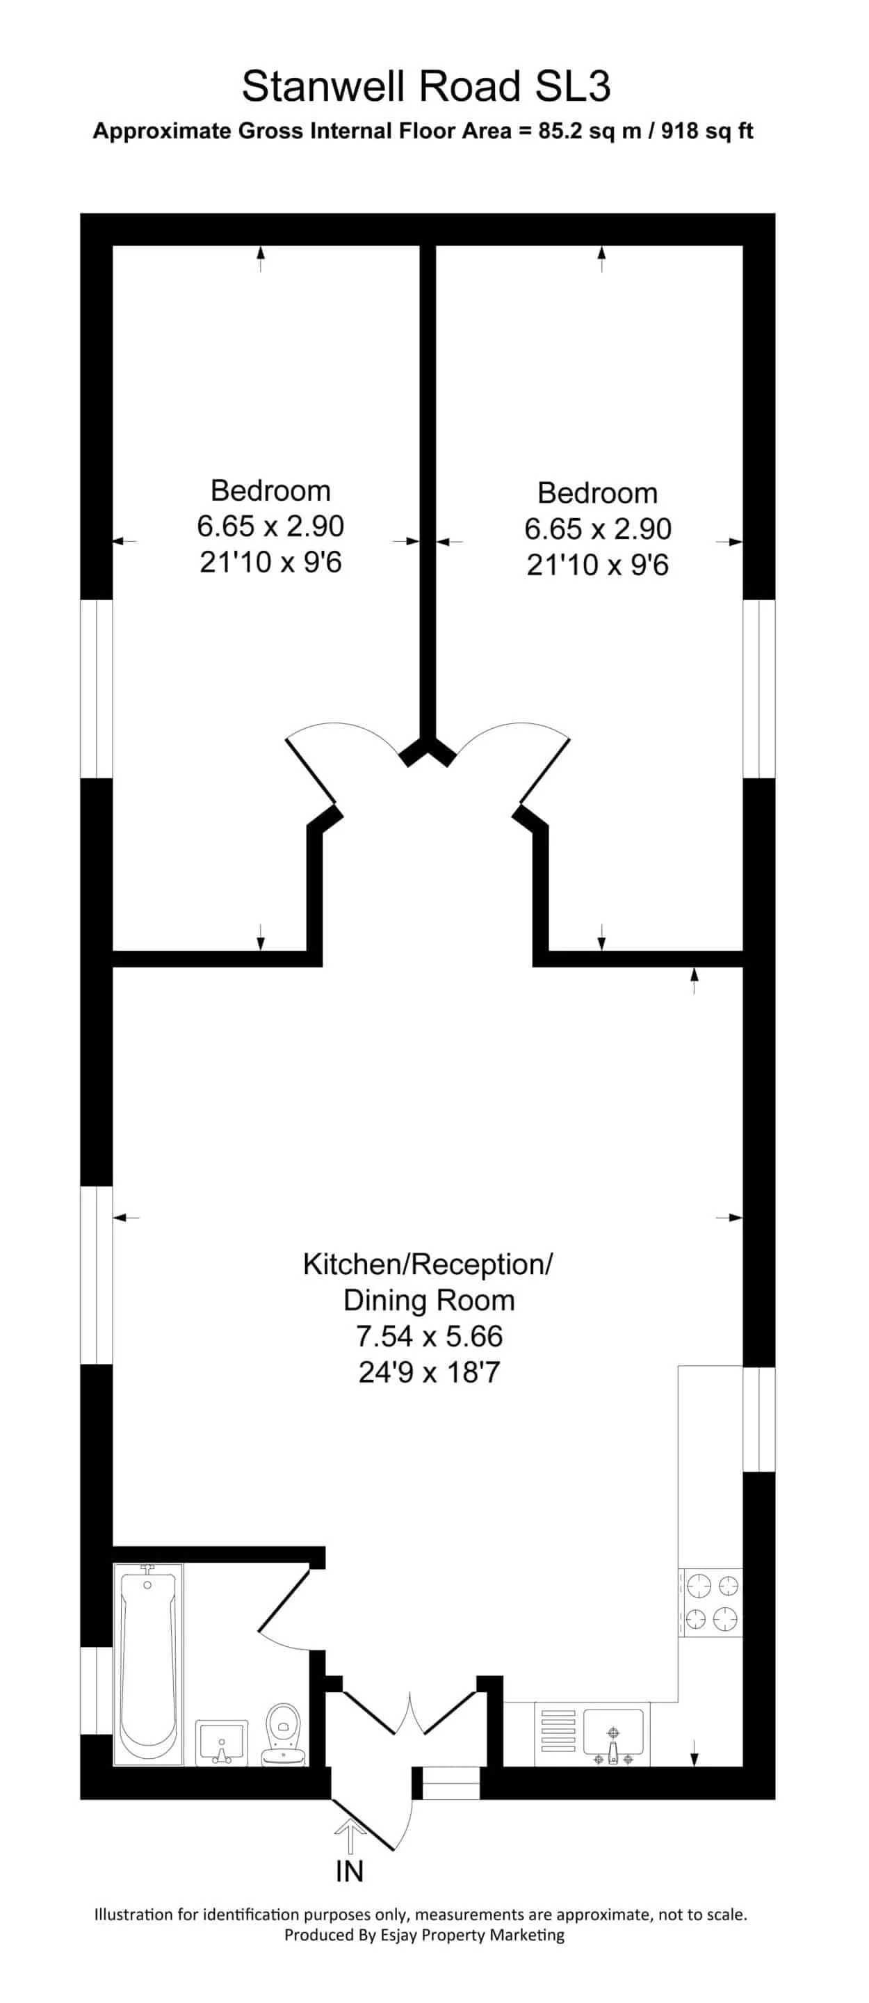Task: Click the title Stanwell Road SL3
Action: click(426, 86)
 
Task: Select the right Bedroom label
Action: click(597, 493)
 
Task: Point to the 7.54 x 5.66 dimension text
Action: click(429, 1336)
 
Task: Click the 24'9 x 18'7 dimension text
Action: click(429, 1371)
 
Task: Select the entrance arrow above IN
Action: click(350, 1839)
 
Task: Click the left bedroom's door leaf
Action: click(311, 769)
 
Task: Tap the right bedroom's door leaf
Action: click(544, 769)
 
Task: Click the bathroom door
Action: click(284, 1600)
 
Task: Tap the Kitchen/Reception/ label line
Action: click(428, 1264)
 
